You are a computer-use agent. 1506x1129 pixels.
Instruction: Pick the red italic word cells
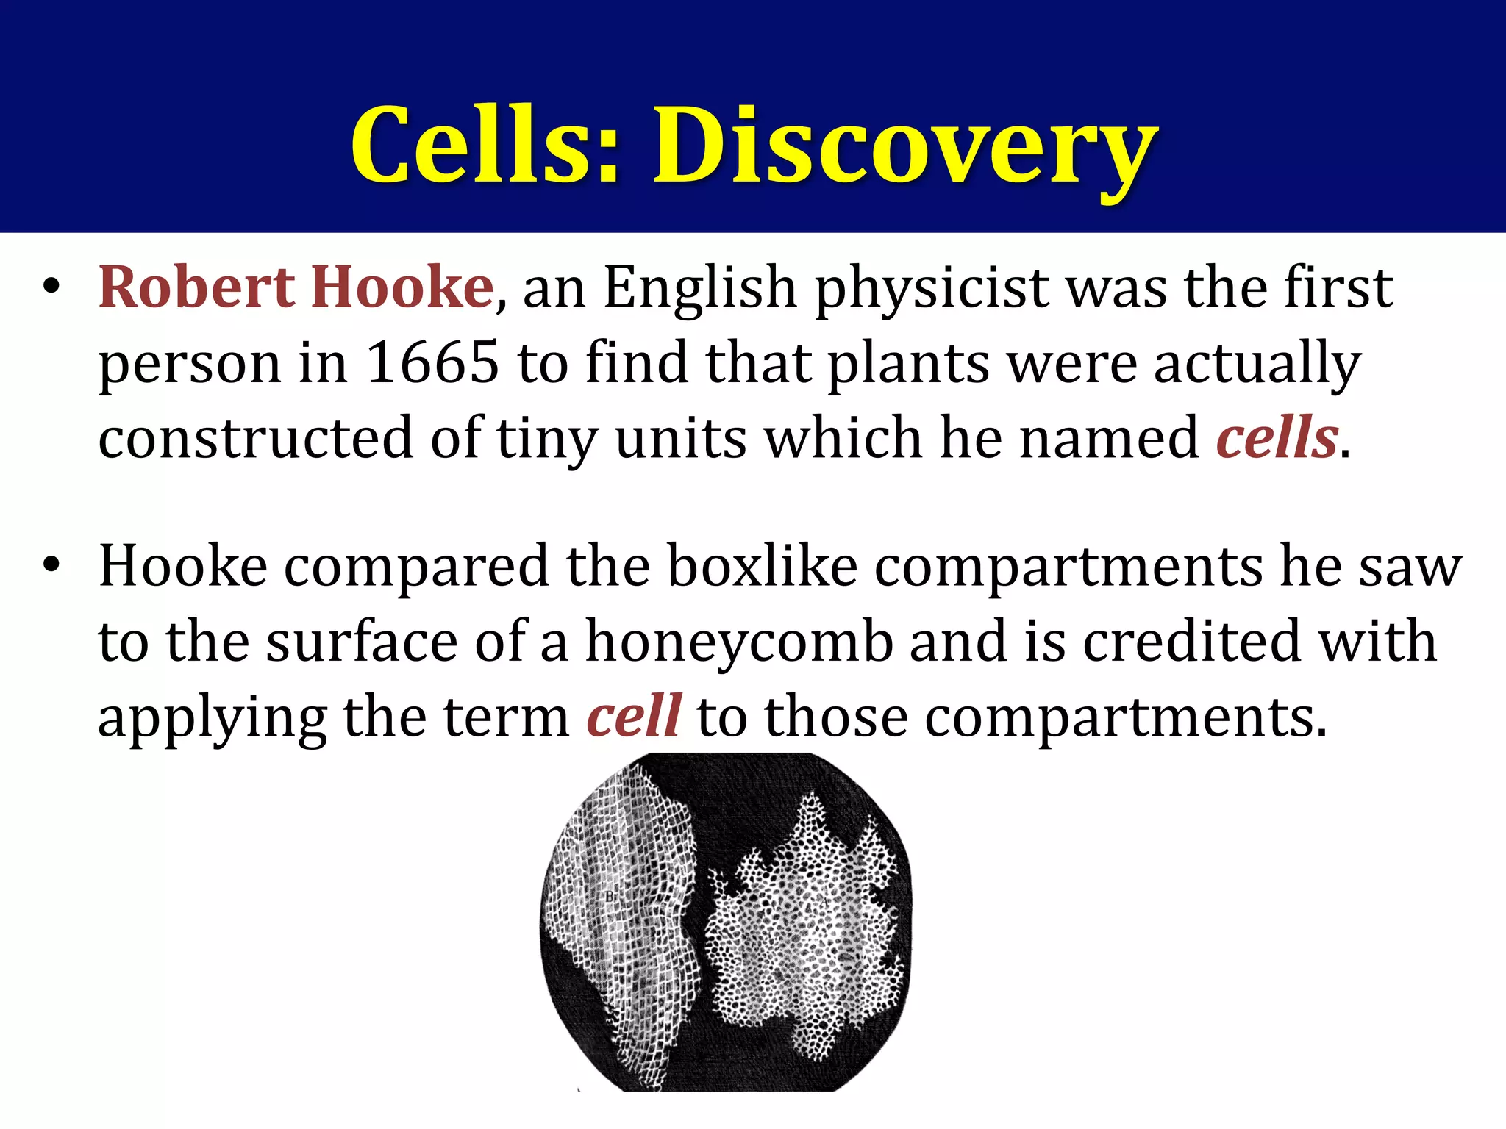click(1277, 438)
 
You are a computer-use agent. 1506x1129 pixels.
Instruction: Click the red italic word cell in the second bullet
click(634, 716)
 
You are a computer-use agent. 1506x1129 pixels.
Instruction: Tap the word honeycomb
click(738, 641)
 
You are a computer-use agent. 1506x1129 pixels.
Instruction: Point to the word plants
click(909, 363)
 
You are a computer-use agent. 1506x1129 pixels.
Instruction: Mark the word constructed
click(255, 438)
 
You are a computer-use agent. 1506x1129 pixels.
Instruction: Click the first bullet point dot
click(50, 287)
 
